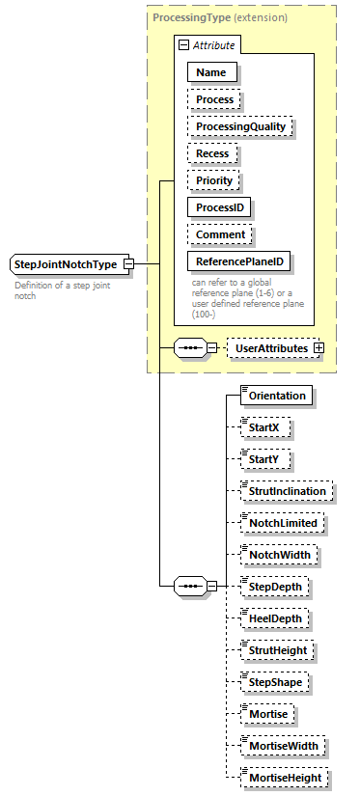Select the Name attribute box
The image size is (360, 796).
coord(212,71)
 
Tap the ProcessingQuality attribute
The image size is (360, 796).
coord(240,125)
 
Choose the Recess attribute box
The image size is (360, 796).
coord(212,152)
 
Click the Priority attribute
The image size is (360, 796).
coord(214,179)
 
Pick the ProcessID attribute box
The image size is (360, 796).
coord(220,206)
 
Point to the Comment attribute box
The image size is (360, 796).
coord(220,233)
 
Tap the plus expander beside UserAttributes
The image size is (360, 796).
coord(318,347)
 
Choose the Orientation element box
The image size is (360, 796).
coord(276,396)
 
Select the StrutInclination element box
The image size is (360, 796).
coord(288,491)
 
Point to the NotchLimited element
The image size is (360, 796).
coord(282,522)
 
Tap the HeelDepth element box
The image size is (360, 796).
coord(277,618)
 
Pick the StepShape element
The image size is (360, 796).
coord(276,682)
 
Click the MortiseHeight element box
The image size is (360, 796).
coord(285,777)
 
